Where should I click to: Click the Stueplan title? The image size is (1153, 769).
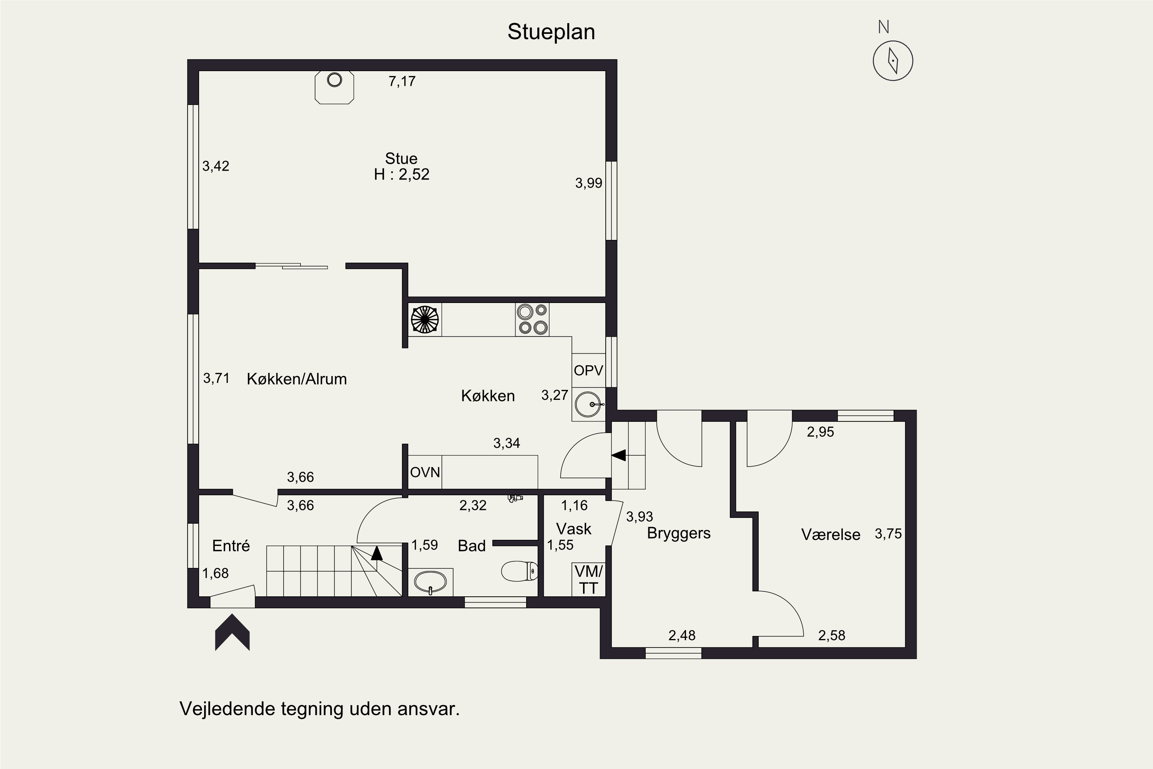click(551, 32)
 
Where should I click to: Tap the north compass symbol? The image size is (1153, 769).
click(893, 61)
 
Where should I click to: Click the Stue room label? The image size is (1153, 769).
click(401, 158)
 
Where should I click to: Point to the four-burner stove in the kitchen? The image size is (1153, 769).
click(532, 319)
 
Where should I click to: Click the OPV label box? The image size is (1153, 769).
click(588, 370)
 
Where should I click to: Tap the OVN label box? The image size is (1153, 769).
click(425, 472)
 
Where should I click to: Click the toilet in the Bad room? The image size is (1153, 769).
click(520, 571)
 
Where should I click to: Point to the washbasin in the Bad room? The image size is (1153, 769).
click(430, 582)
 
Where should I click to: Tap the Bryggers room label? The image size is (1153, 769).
click(678, 533)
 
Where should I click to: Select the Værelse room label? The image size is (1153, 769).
click(831, 534)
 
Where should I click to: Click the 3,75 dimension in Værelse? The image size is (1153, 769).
click(888, 534)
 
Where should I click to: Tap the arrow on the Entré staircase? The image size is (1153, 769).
click(377, 553)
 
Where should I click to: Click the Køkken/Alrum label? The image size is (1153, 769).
click(297, 379)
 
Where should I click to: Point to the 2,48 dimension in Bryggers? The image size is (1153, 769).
click(681, 636)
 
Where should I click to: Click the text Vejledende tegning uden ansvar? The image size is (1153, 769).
click(320, 709)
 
